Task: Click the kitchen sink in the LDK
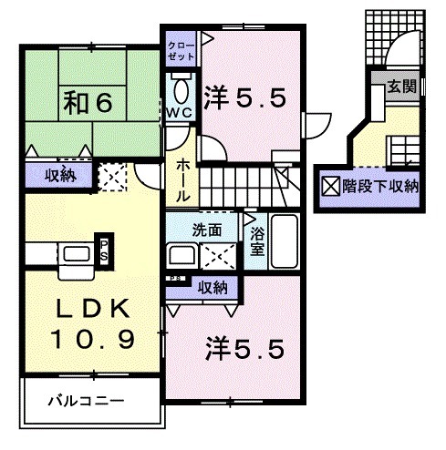[x=73, y=254]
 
